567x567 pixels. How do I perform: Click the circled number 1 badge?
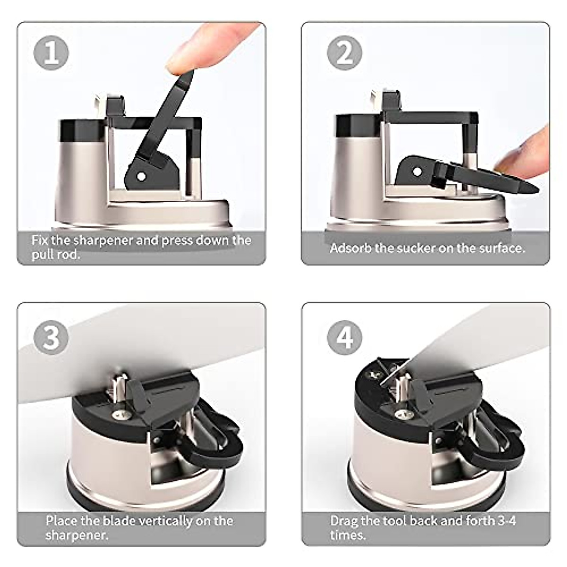[51, 53]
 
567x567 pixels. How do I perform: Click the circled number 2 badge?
[344, 53]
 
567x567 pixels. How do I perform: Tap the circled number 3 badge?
[51, 337]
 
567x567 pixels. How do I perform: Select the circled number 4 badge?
[344, 337]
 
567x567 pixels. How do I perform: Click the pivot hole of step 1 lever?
[142, 177]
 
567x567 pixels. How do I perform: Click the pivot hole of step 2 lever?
[417, 172]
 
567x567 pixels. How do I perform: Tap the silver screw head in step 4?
[403, 414]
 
